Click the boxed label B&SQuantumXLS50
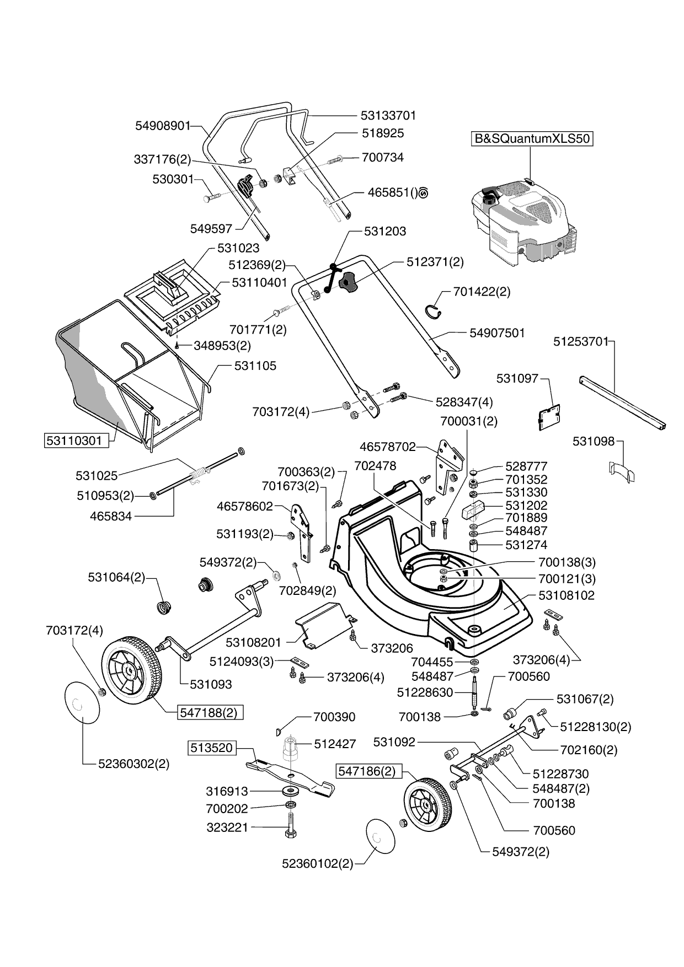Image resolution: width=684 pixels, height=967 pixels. click(x=532, y=138)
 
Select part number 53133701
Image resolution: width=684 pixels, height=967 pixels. click(x=388, y=115)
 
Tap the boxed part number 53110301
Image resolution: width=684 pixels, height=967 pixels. click(x=74, y=440)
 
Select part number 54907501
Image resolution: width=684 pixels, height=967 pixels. click(x=497, y=332)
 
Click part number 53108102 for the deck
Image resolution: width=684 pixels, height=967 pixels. click(x=567, y=595)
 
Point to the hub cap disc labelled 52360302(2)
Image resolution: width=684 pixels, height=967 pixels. click(x=83, y=703)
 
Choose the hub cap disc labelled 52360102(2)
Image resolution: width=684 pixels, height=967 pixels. click(x=380, y=837)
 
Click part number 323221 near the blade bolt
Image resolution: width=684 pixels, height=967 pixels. click(x=227, y=828)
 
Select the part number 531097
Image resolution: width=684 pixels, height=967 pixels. click(x=517, y=378)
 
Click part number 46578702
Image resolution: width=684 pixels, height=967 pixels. click(x=387, y=447)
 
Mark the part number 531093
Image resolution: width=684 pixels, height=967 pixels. click(x=211, y=684)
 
